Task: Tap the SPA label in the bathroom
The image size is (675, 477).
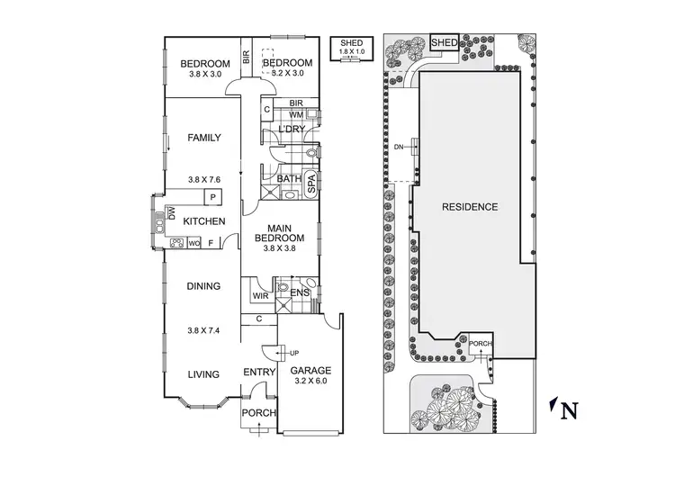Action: point(311,185)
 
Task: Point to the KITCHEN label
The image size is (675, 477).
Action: point(203,221)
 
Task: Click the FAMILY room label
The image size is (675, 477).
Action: point(204,138)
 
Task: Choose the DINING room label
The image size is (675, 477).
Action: point(203,286)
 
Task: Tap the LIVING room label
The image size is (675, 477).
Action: point(203,373)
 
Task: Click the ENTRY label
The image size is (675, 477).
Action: point(259,372)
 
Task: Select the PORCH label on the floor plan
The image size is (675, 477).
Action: point(258,412)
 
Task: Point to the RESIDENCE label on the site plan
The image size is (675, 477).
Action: point(469,207)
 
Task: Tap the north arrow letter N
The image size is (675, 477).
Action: point(568,412)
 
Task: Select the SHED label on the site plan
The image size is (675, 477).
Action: point(444,42)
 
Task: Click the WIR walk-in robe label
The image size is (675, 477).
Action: point(260,294)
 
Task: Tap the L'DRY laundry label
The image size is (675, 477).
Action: point(292,130)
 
